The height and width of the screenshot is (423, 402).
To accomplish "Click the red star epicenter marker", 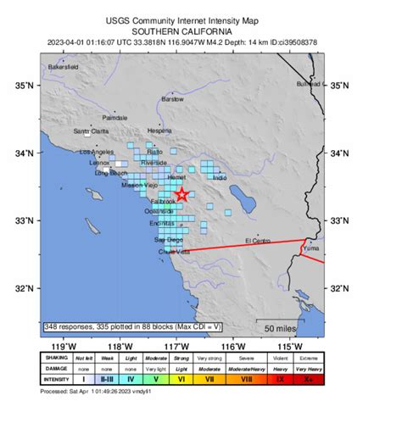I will pyautogui.click(x=183, y=195).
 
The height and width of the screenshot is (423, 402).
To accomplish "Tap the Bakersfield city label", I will pyautogui.click(x=64, y=65).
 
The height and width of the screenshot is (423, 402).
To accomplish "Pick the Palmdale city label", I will pyautogui.click(x=114, y=117).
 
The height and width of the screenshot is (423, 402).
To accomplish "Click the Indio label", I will pyautogui.click(x=221, y=178).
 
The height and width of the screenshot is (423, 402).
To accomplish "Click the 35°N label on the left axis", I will pyautogui.click(x=27, y=86).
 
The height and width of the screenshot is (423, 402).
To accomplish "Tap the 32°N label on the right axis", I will pyautogui.click(x=339, y=288).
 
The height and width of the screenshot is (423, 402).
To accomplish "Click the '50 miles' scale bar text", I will pyautogui.click(x=280, y=328).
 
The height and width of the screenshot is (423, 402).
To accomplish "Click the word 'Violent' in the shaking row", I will pyautogui.click(x=284, y=359).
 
